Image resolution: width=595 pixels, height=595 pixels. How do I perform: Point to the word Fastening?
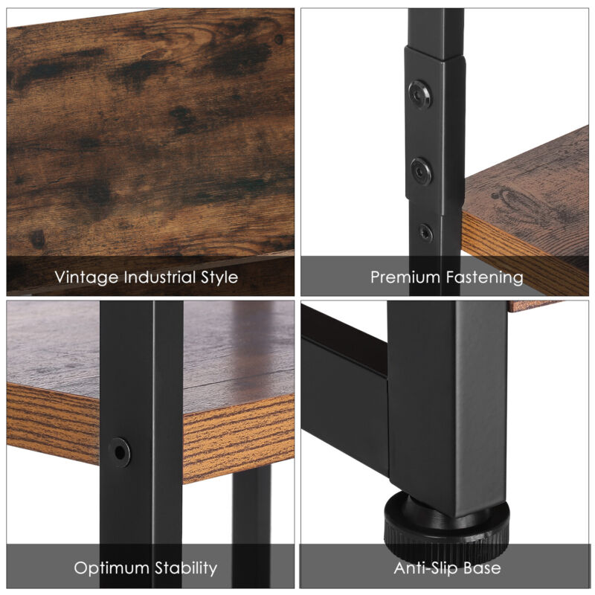485,277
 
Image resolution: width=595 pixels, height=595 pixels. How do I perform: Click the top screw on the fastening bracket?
420,94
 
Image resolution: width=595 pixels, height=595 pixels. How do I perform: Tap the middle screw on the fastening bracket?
421,172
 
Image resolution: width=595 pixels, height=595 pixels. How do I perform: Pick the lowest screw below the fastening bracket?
425,233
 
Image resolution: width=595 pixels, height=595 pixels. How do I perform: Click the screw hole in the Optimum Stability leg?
119,452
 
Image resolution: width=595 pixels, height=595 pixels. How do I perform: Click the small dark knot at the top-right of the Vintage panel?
279,39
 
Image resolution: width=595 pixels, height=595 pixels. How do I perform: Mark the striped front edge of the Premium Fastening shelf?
524,254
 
